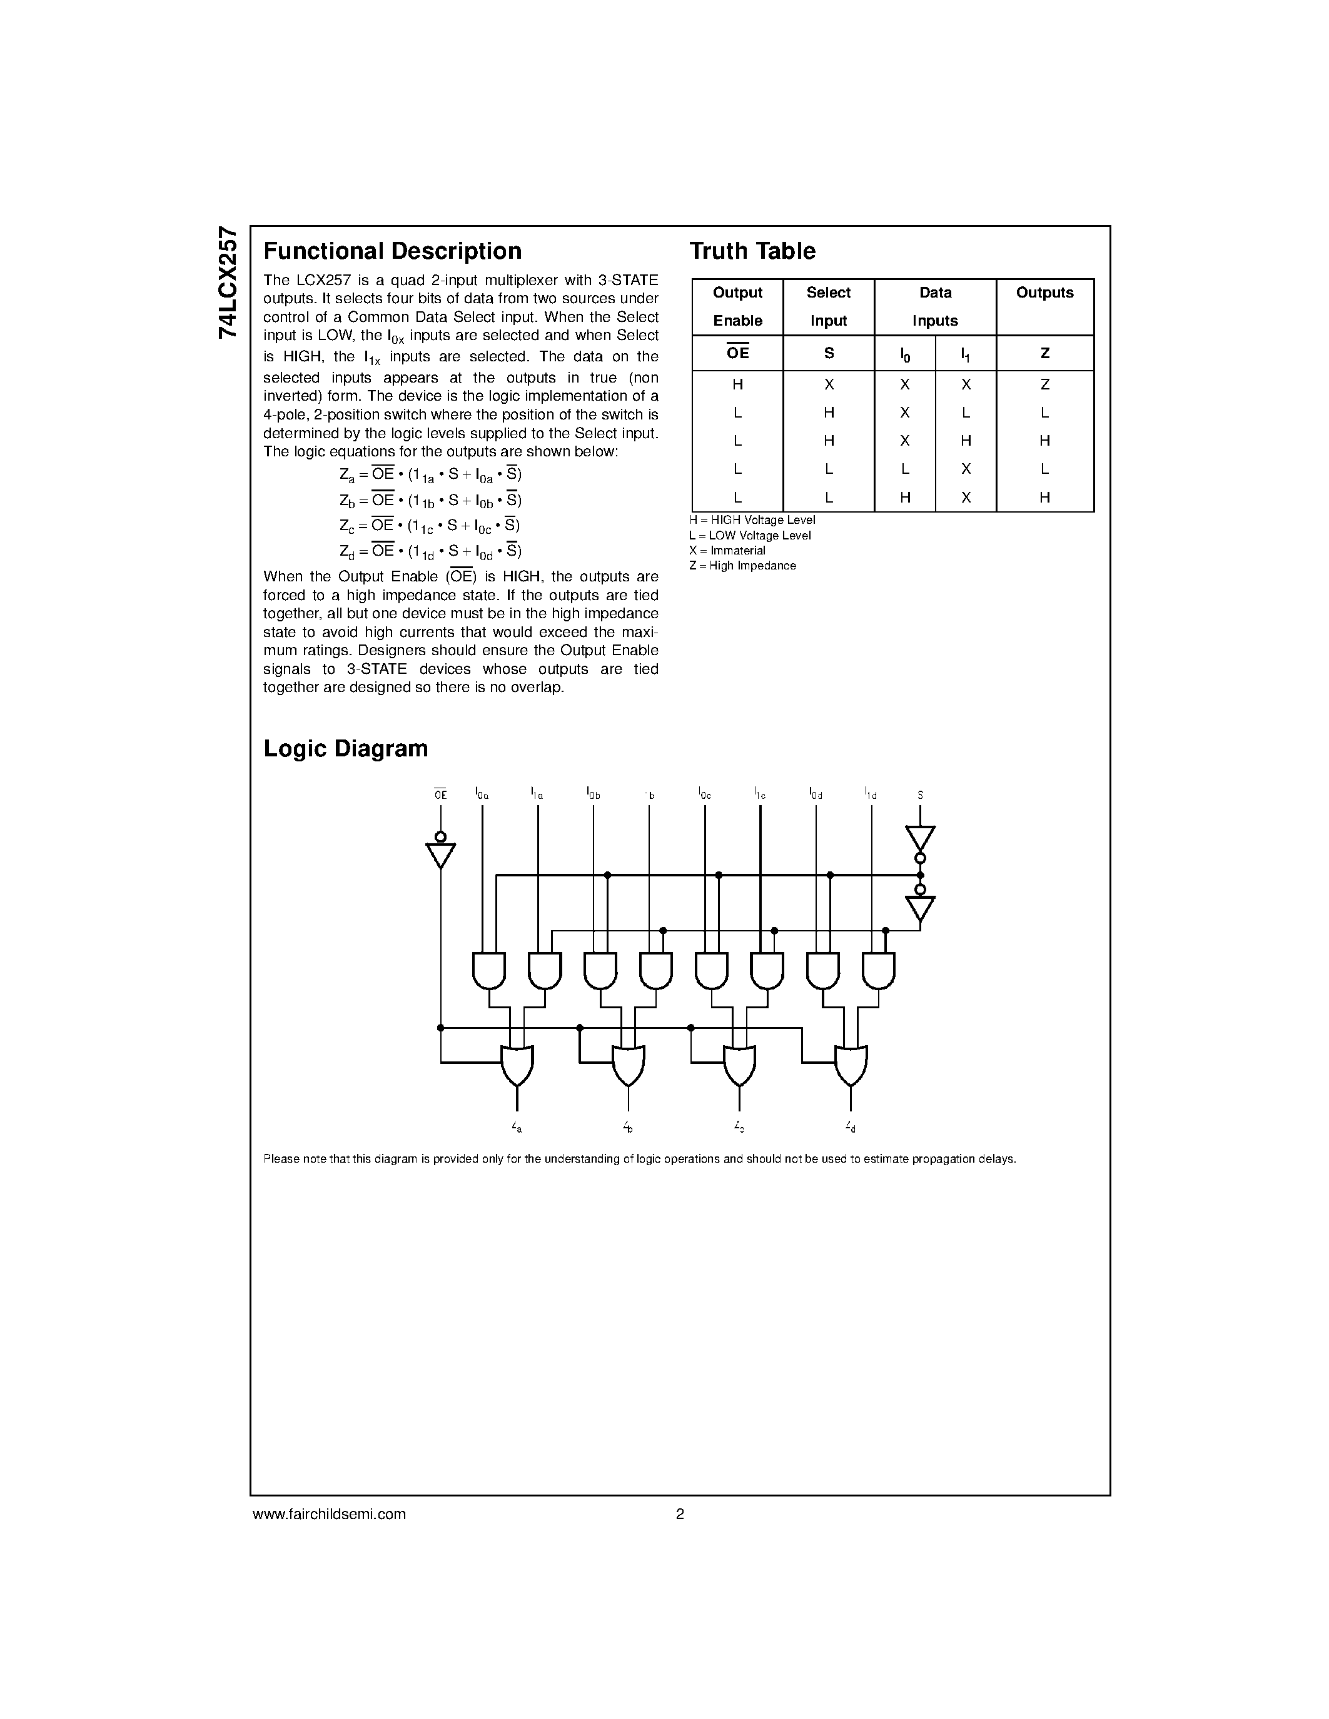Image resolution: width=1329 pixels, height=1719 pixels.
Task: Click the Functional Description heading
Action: [392, 251]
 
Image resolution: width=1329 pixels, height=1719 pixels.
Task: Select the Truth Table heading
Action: [752, 251]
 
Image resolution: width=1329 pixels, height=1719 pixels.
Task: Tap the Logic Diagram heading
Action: [346, 748]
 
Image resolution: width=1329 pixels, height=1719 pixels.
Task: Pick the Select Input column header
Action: [828, 306]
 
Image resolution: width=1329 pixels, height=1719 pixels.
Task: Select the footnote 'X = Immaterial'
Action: [727, 551]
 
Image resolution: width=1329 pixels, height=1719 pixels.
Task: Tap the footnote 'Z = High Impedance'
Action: [742, 566]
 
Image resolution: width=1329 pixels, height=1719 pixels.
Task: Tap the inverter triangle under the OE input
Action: [441, 853]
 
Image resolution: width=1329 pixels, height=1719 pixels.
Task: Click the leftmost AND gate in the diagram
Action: [489, 970]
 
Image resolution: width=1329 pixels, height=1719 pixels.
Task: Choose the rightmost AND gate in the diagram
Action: [879, 970]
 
